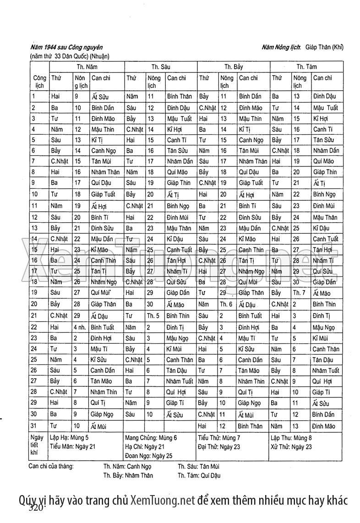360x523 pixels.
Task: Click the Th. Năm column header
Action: pyautogui.click(x=86, y=66)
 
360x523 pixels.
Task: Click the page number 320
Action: pyautogui.click(x=36, y=509)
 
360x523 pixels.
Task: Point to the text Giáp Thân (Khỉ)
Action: pyautogui.click(x=325, y=47)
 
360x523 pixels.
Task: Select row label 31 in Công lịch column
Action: pyautogui.click(x=35, y=426)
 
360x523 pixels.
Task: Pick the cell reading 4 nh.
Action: pyautogui.click(x=81, y=327)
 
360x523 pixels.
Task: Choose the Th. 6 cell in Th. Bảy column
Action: pyautogui.click(x=226, y=304)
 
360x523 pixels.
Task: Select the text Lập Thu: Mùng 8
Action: pyautogui.click(x=291, y=438)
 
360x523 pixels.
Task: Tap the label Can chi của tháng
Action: pyautogui.click(x=50, y=467)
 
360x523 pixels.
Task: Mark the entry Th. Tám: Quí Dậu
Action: pyautogui.click(x=199, y=475)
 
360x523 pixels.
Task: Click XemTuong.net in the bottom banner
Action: pyautogui.click(x=163, y=499)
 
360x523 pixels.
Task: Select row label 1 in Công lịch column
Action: pyautogui.click(x=34, y=96)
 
